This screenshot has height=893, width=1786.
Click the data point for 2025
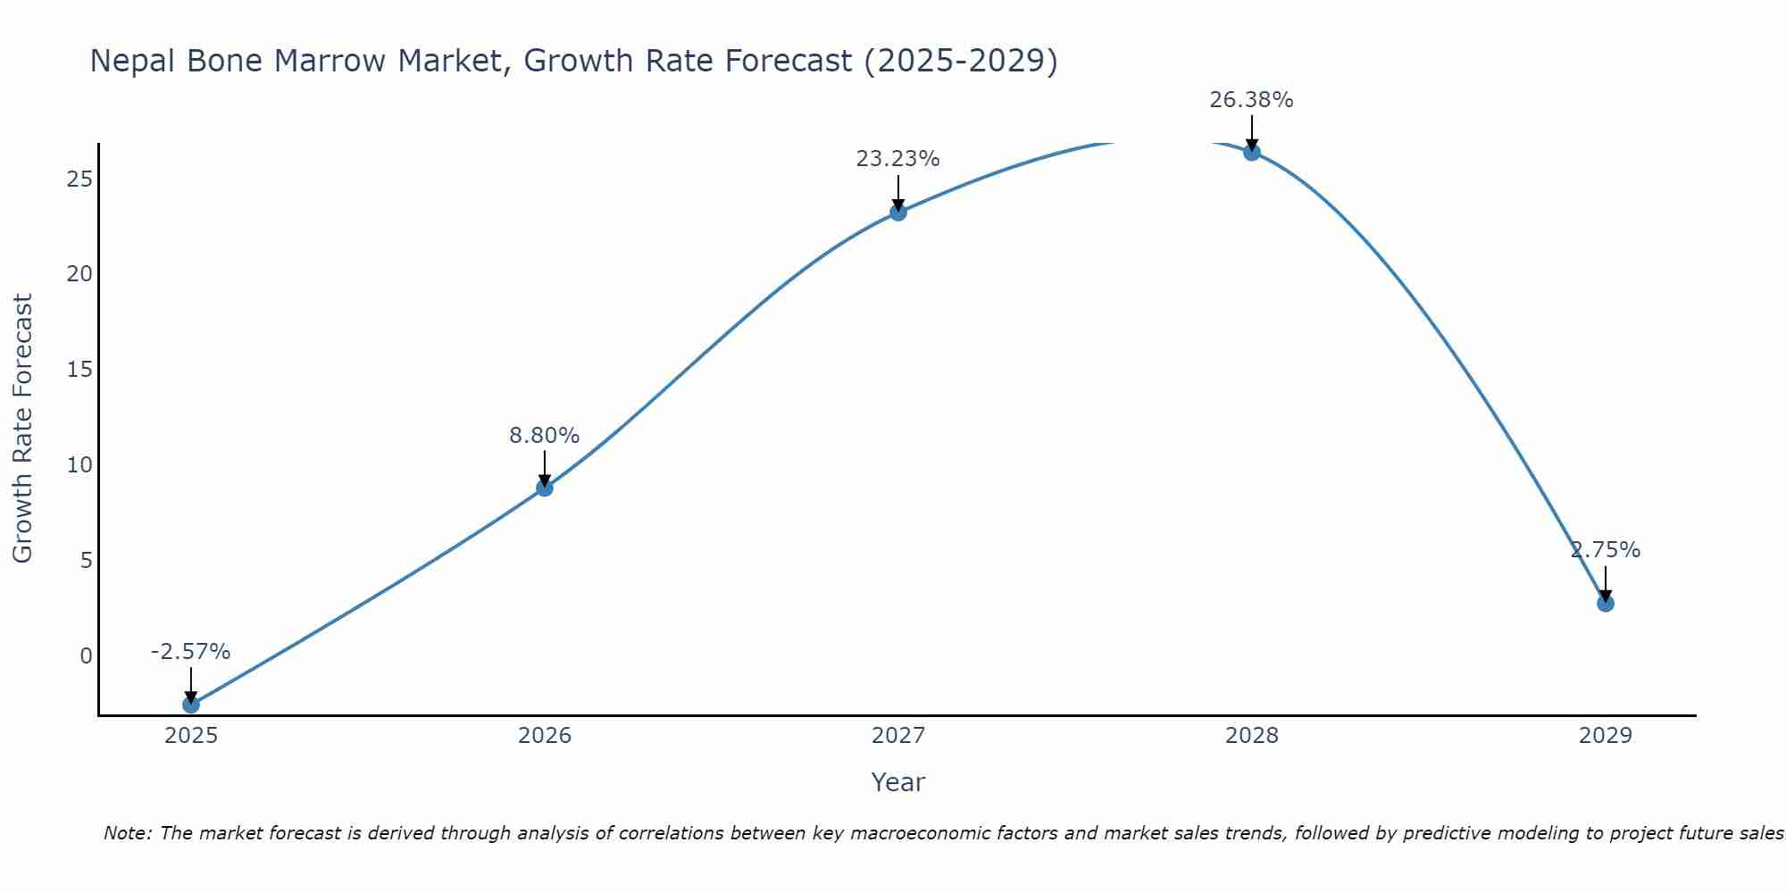(191, 705)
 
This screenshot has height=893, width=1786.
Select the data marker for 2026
(545, 488)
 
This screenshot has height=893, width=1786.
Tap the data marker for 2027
(898, 212)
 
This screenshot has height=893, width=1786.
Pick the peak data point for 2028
(1252, 152)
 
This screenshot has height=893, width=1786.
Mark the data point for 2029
(1606, 604)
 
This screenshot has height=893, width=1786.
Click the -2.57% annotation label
(191, 652)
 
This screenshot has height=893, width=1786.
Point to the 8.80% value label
(545, 436)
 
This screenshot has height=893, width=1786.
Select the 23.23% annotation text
(898, 159)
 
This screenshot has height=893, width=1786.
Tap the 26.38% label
(1252, 100)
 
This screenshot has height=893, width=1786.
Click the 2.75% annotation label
(1606, 550)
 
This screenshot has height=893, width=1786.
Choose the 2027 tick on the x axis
(898, 736)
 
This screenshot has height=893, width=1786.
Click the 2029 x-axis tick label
(1606, 736)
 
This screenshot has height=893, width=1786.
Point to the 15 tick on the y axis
(79, 369)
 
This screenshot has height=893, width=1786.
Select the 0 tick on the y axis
(86, 656)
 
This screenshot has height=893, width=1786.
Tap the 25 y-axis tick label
(79, 179)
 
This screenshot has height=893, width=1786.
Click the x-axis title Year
(898, 782)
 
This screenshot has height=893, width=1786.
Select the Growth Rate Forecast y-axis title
(22, 429)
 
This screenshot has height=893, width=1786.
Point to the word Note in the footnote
(127, 833)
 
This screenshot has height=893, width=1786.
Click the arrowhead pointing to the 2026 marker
(545, 480)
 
